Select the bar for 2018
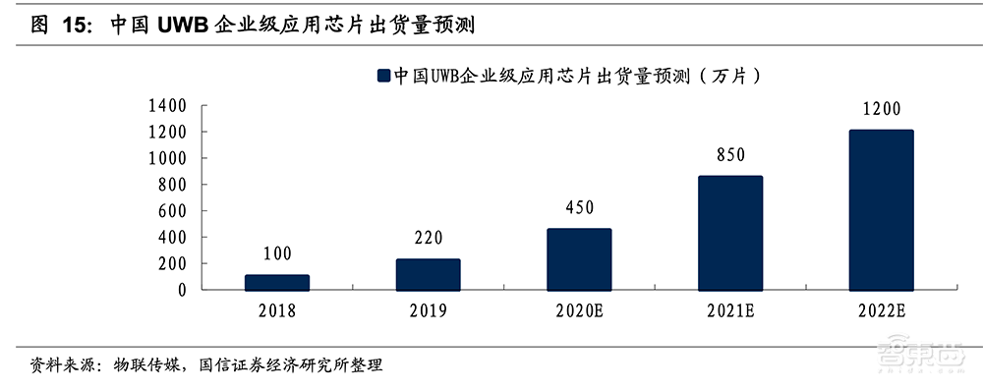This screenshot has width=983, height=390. click(x=277, y=282)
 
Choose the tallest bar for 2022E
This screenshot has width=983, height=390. click(x=881, y=209)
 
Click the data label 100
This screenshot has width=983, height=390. click(x=277, y=254)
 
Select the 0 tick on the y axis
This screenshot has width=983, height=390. click(x=183, y=290)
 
